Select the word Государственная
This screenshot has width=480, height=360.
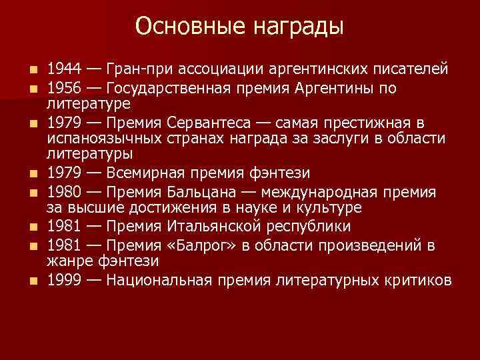[x=168, y=88]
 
